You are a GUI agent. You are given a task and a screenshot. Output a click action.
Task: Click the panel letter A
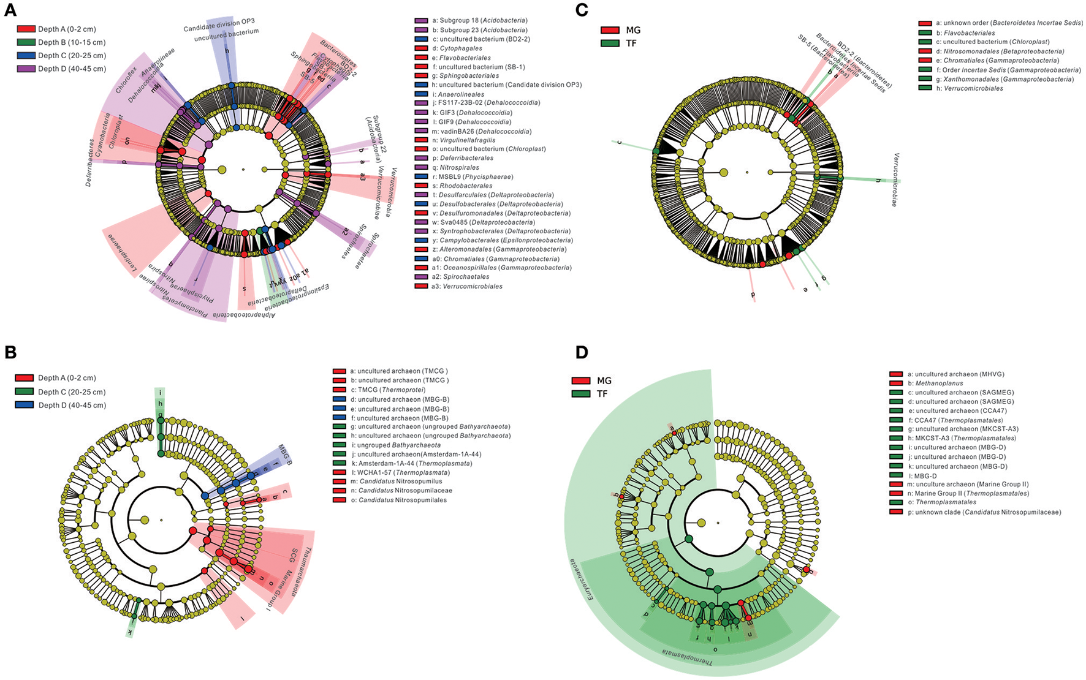(x=11, y=9)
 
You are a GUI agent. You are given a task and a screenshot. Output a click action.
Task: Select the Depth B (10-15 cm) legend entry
(x=71, y=42)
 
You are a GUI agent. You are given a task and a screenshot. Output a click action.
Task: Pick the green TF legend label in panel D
(x=602, y=394)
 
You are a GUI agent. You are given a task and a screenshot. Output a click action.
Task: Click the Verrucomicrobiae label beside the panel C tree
(x=895, y=179)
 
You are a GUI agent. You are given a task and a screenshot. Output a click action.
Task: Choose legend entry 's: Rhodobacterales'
(x=465, y=186)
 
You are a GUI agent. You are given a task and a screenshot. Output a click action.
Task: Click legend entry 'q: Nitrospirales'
(x=459, y=167)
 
